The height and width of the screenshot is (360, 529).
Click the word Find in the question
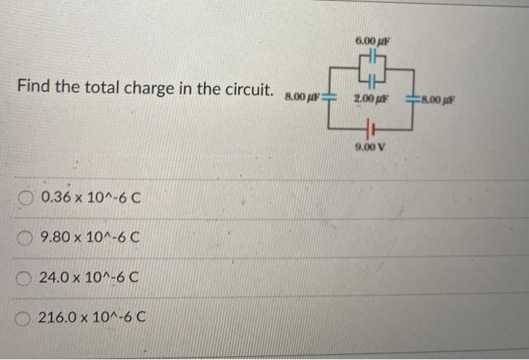[32, 87]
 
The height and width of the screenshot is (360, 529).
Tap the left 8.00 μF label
[302, 97]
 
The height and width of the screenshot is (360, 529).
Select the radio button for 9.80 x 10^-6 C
[26, 238]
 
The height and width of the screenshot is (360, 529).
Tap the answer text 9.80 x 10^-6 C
[91, 238]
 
